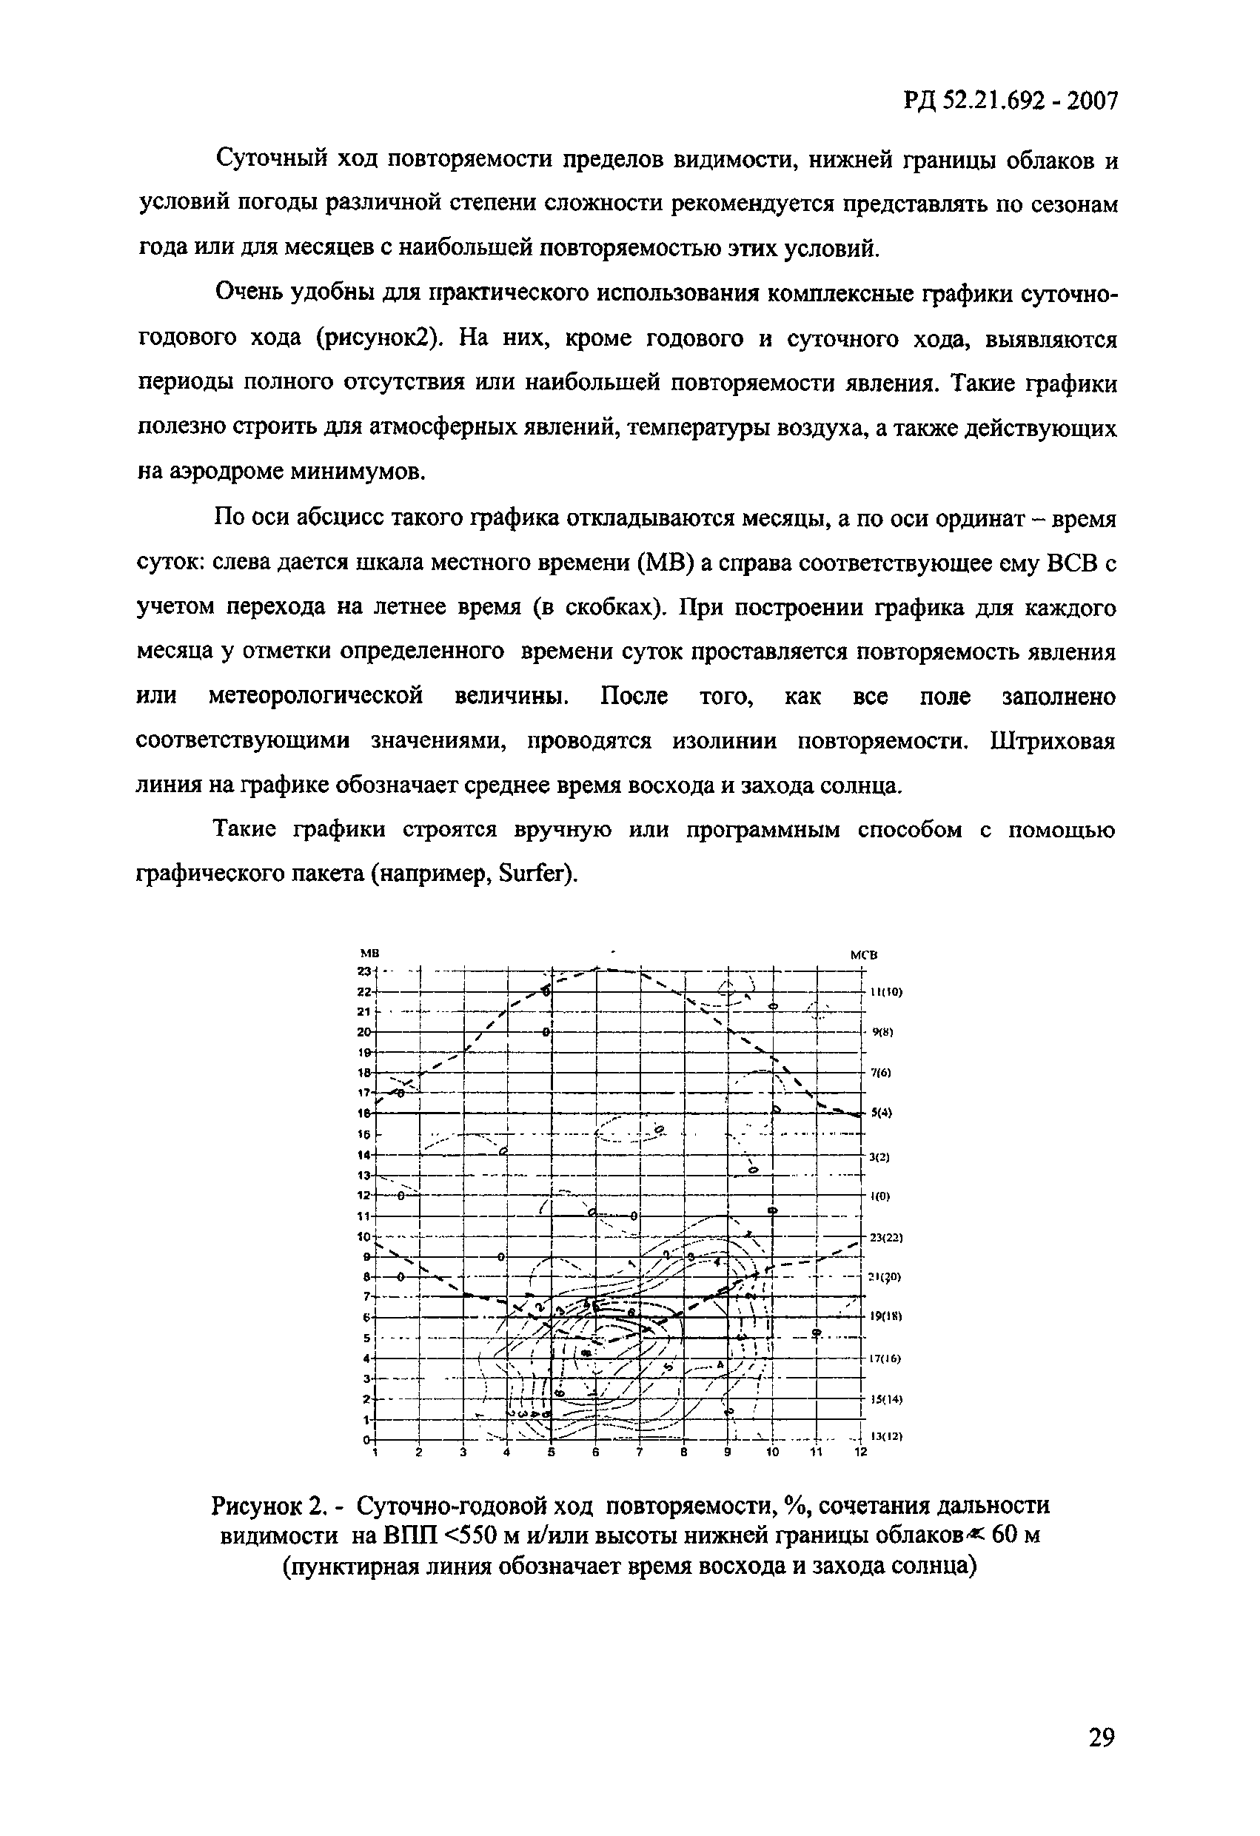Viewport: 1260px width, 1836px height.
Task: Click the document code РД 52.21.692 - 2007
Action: click(1011, 101)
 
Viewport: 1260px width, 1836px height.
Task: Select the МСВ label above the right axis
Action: click(862, 954)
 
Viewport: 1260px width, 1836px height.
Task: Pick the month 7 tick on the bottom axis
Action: click(640, 1452)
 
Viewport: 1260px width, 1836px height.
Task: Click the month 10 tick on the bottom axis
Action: click(772, 1452)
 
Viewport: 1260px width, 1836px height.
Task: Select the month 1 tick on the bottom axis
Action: click(376, 1452)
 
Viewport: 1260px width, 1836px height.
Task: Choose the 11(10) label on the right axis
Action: click(885, 991)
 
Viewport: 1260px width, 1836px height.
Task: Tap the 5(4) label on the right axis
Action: click(882, 1113)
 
